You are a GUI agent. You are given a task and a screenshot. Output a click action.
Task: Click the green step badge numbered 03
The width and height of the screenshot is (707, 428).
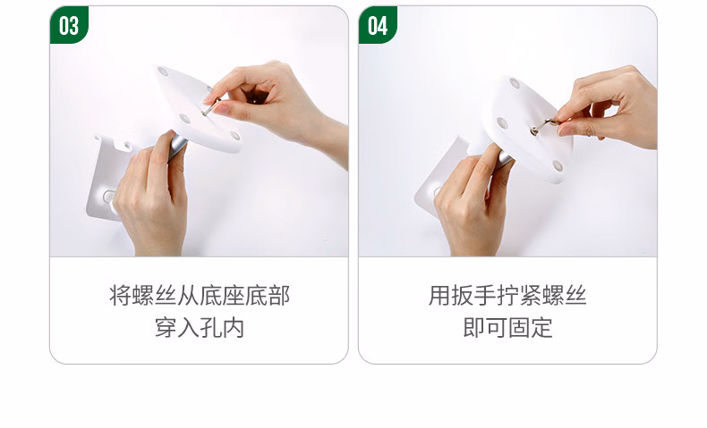69,25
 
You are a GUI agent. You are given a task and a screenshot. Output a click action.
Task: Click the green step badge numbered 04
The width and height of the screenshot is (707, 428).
378,25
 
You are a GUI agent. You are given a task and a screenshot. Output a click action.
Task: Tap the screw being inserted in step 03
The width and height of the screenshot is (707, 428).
210,107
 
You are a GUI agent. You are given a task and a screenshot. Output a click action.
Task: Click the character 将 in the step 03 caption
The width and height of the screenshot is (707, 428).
121,296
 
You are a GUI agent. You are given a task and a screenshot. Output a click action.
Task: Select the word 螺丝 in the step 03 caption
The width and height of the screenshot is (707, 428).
154,296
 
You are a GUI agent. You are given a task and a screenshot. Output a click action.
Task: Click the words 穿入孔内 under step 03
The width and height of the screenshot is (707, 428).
200,328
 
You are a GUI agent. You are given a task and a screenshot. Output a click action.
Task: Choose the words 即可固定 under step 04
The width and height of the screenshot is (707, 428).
507,328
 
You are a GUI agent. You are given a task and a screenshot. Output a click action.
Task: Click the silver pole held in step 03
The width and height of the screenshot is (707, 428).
177,147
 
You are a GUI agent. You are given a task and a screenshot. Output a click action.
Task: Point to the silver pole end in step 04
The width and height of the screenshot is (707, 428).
504,158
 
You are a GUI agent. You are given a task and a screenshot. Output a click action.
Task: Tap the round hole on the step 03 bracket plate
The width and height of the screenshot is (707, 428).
109,197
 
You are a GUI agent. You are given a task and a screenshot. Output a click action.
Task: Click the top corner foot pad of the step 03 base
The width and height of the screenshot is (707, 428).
163,71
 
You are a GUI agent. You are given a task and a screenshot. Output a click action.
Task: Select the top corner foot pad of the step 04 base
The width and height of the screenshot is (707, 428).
515,83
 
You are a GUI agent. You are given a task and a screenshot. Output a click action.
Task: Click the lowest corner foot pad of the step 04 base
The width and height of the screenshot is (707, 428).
558,165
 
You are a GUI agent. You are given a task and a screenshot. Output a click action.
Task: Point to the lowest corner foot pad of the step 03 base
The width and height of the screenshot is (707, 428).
234,135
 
